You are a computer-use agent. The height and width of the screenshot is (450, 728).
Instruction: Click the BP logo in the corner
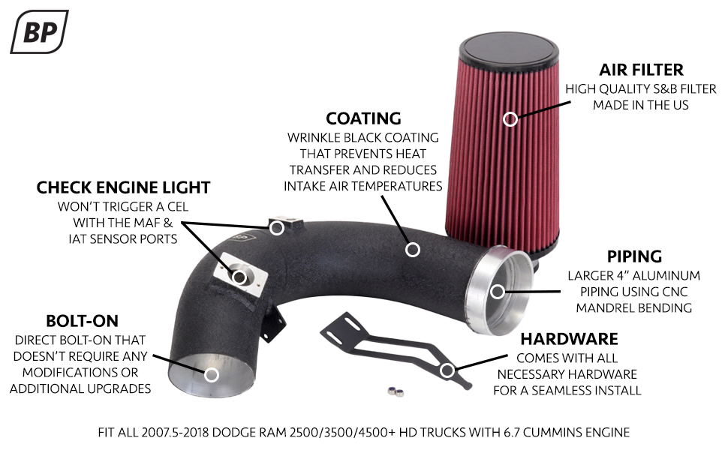(x=39, y=31)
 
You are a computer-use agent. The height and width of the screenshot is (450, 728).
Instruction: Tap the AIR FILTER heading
(x=641, y=70)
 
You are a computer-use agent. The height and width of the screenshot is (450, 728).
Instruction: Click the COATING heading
(x=363, y=118)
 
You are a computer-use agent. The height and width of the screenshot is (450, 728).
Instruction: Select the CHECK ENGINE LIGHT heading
(x=123, y=187)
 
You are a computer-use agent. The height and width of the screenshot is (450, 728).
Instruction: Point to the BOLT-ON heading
(x=83, y=322)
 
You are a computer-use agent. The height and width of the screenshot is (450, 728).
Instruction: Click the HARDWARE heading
(x=567, y=339)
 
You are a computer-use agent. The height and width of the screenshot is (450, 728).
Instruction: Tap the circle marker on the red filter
(x=510, y=118)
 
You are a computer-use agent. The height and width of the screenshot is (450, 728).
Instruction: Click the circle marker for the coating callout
(x=411, y=249)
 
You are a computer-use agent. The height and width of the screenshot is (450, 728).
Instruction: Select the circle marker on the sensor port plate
(x=239, y=277)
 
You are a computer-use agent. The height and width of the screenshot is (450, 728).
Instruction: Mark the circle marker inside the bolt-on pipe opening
(x=212, y=374)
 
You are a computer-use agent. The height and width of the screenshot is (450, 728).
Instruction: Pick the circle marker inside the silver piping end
(x=497, y=290)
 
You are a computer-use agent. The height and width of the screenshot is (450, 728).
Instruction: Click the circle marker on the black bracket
(x=448, y=369)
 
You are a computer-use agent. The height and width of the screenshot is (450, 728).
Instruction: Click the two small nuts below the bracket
(x=396, y=391)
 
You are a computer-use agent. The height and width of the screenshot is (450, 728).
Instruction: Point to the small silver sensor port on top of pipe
(x=283, y=224)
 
